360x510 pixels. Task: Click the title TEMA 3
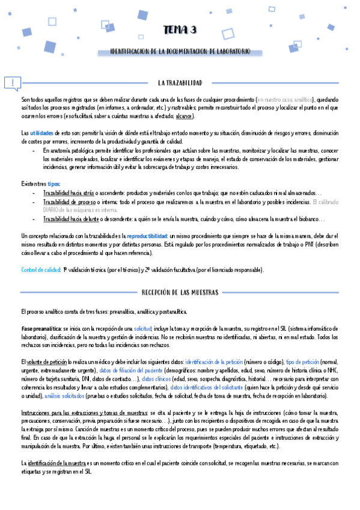click(x=180, y=31)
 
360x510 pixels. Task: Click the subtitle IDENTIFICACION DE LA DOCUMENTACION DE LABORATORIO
click(x=180, y=52)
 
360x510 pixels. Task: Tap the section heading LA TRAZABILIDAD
click(x=180, y=82)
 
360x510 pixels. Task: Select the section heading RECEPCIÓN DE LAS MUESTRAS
click(x=180, y=292)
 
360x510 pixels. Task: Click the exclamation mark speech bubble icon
click(x=13, y=83)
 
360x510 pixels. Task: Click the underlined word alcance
click(x=184, y=115)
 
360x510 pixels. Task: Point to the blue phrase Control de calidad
click(x=40, y=270)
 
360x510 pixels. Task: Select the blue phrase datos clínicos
click(x=154, y=379)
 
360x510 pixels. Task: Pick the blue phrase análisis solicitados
click(x=50, y=396)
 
